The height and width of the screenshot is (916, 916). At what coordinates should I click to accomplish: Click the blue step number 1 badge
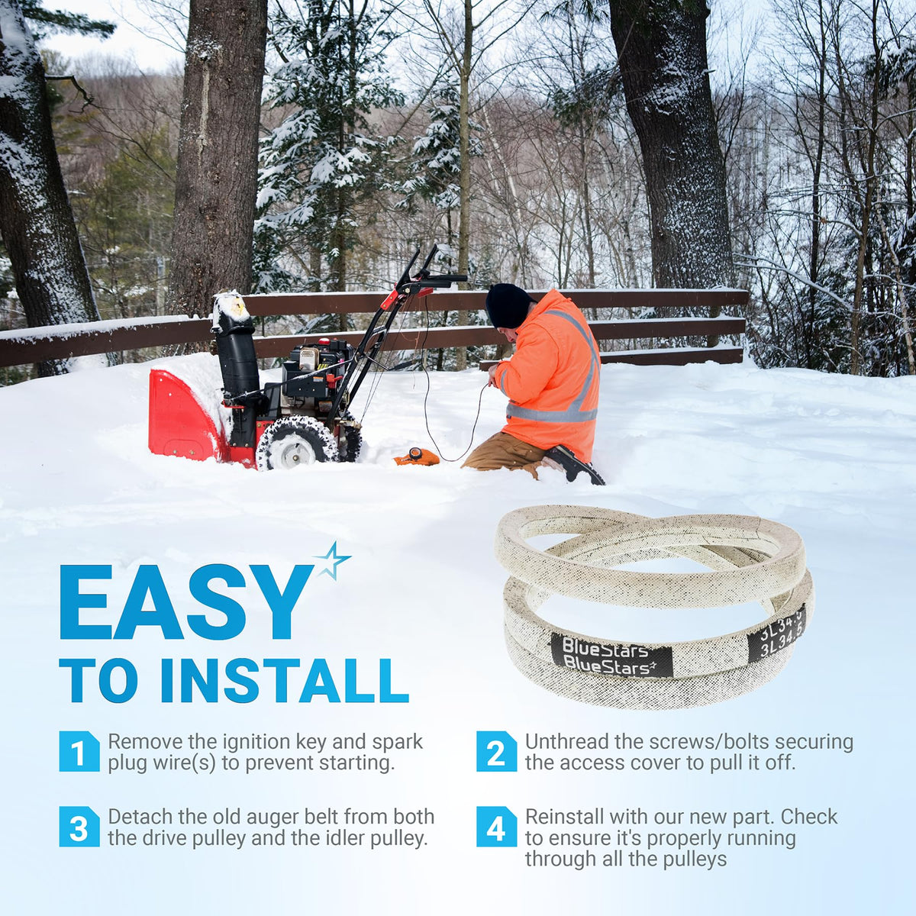(x=79, y=751)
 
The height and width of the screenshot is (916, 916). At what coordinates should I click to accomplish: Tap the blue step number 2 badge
(x=496, y=751)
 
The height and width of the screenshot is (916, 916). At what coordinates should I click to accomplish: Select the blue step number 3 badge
(x=79, y=827)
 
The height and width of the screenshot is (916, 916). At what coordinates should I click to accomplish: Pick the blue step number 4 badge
(x=496, y=827)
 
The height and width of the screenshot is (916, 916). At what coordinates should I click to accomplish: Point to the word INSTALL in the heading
(x=285, y=681)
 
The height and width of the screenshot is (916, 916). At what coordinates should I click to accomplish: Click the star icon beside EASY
(x=332, y=561)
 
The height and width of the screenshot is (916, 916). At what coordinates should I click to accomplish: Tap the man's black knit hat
(x=507, y=305)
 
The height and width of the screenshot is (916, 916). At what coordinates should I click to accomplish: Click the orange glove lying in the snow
(x=417, y=456)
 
